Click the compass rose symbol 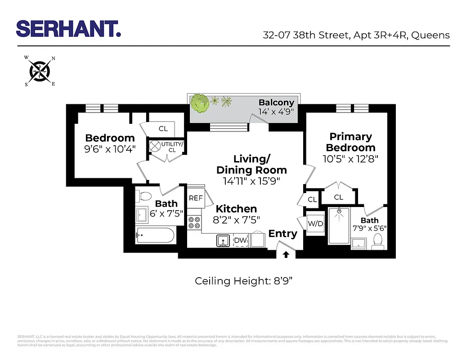[40, 71]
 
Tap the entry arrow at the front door [286, 255]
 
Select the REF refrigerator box [195, 198]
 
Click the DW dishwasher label [240, 240]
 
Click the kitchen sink [223, 241]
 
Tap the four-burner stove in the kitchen [194, 222]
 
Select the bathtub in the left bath [155, 235]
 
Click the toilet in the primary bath [378, 242]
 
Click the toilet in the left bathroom [145, 197]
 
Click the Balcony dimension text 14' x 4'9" [276, 112]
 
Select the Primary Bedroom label [350, 142]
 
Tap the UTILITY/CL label [172, 147]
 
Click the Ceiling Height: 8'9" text [244, 281]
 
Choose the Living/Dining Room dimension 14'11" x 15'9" [251, 181]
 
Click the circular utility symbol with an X [156, 146]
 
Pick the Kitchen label [236, 209]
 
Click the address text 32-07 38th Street [305, 35]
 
